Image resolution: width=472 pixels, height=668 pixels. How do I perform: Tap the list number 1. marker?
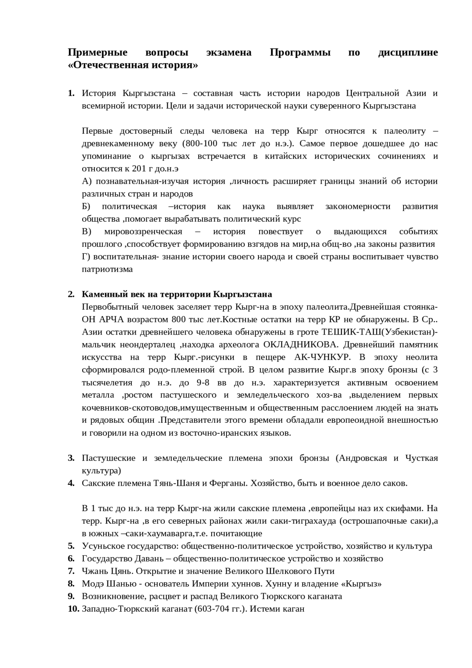pos(72,93)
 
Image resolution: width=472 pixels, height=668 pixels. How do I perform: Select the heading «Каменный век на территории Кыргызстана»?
pos(177,294)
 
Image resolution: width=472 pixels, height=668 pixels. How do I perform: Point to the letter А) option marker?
pos(86,181)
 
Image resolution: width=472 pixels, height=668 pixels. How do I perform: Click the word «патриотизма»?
pos(107,269)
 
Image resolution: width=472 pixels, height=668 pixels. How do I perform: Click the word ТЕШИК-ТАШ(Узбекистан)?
pos(379,332)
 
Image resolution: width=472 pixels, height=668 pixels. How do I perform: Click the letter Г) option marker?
pos(86,256)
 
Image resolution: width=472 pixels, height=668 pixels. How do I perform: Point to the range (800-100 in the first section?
pos(199,143)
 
